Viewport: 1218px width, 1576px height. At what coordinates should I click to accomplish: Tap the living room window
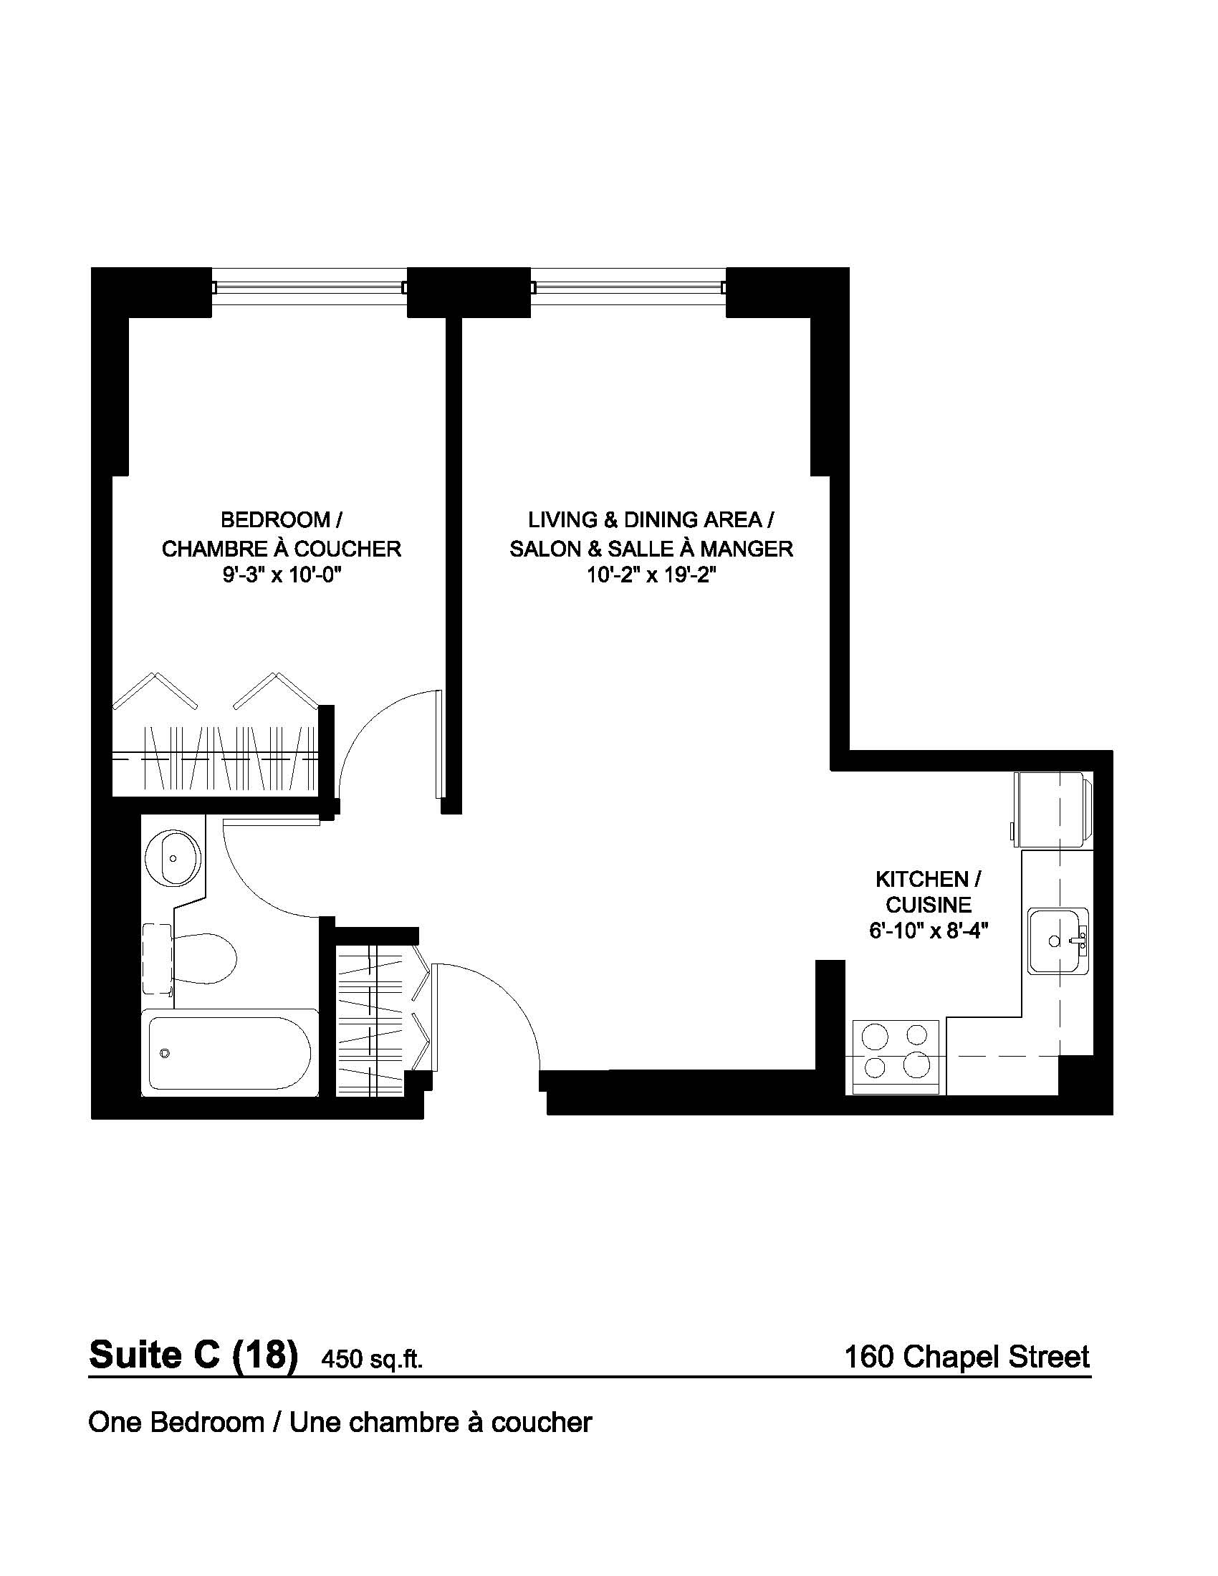[628, 287]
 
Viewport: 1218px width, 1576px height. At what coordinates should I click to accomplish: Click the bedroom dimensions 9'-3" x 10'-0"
[281, 577]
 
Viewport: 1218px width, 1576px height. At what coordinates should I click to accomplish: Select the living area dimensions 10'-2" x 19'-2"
[651, 577]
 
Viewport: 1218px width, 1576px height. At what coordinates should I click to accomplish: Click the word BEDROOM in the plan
[276, 519]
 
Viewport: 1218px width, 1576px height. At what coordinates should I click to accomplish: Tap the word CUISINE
[929, 905]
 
